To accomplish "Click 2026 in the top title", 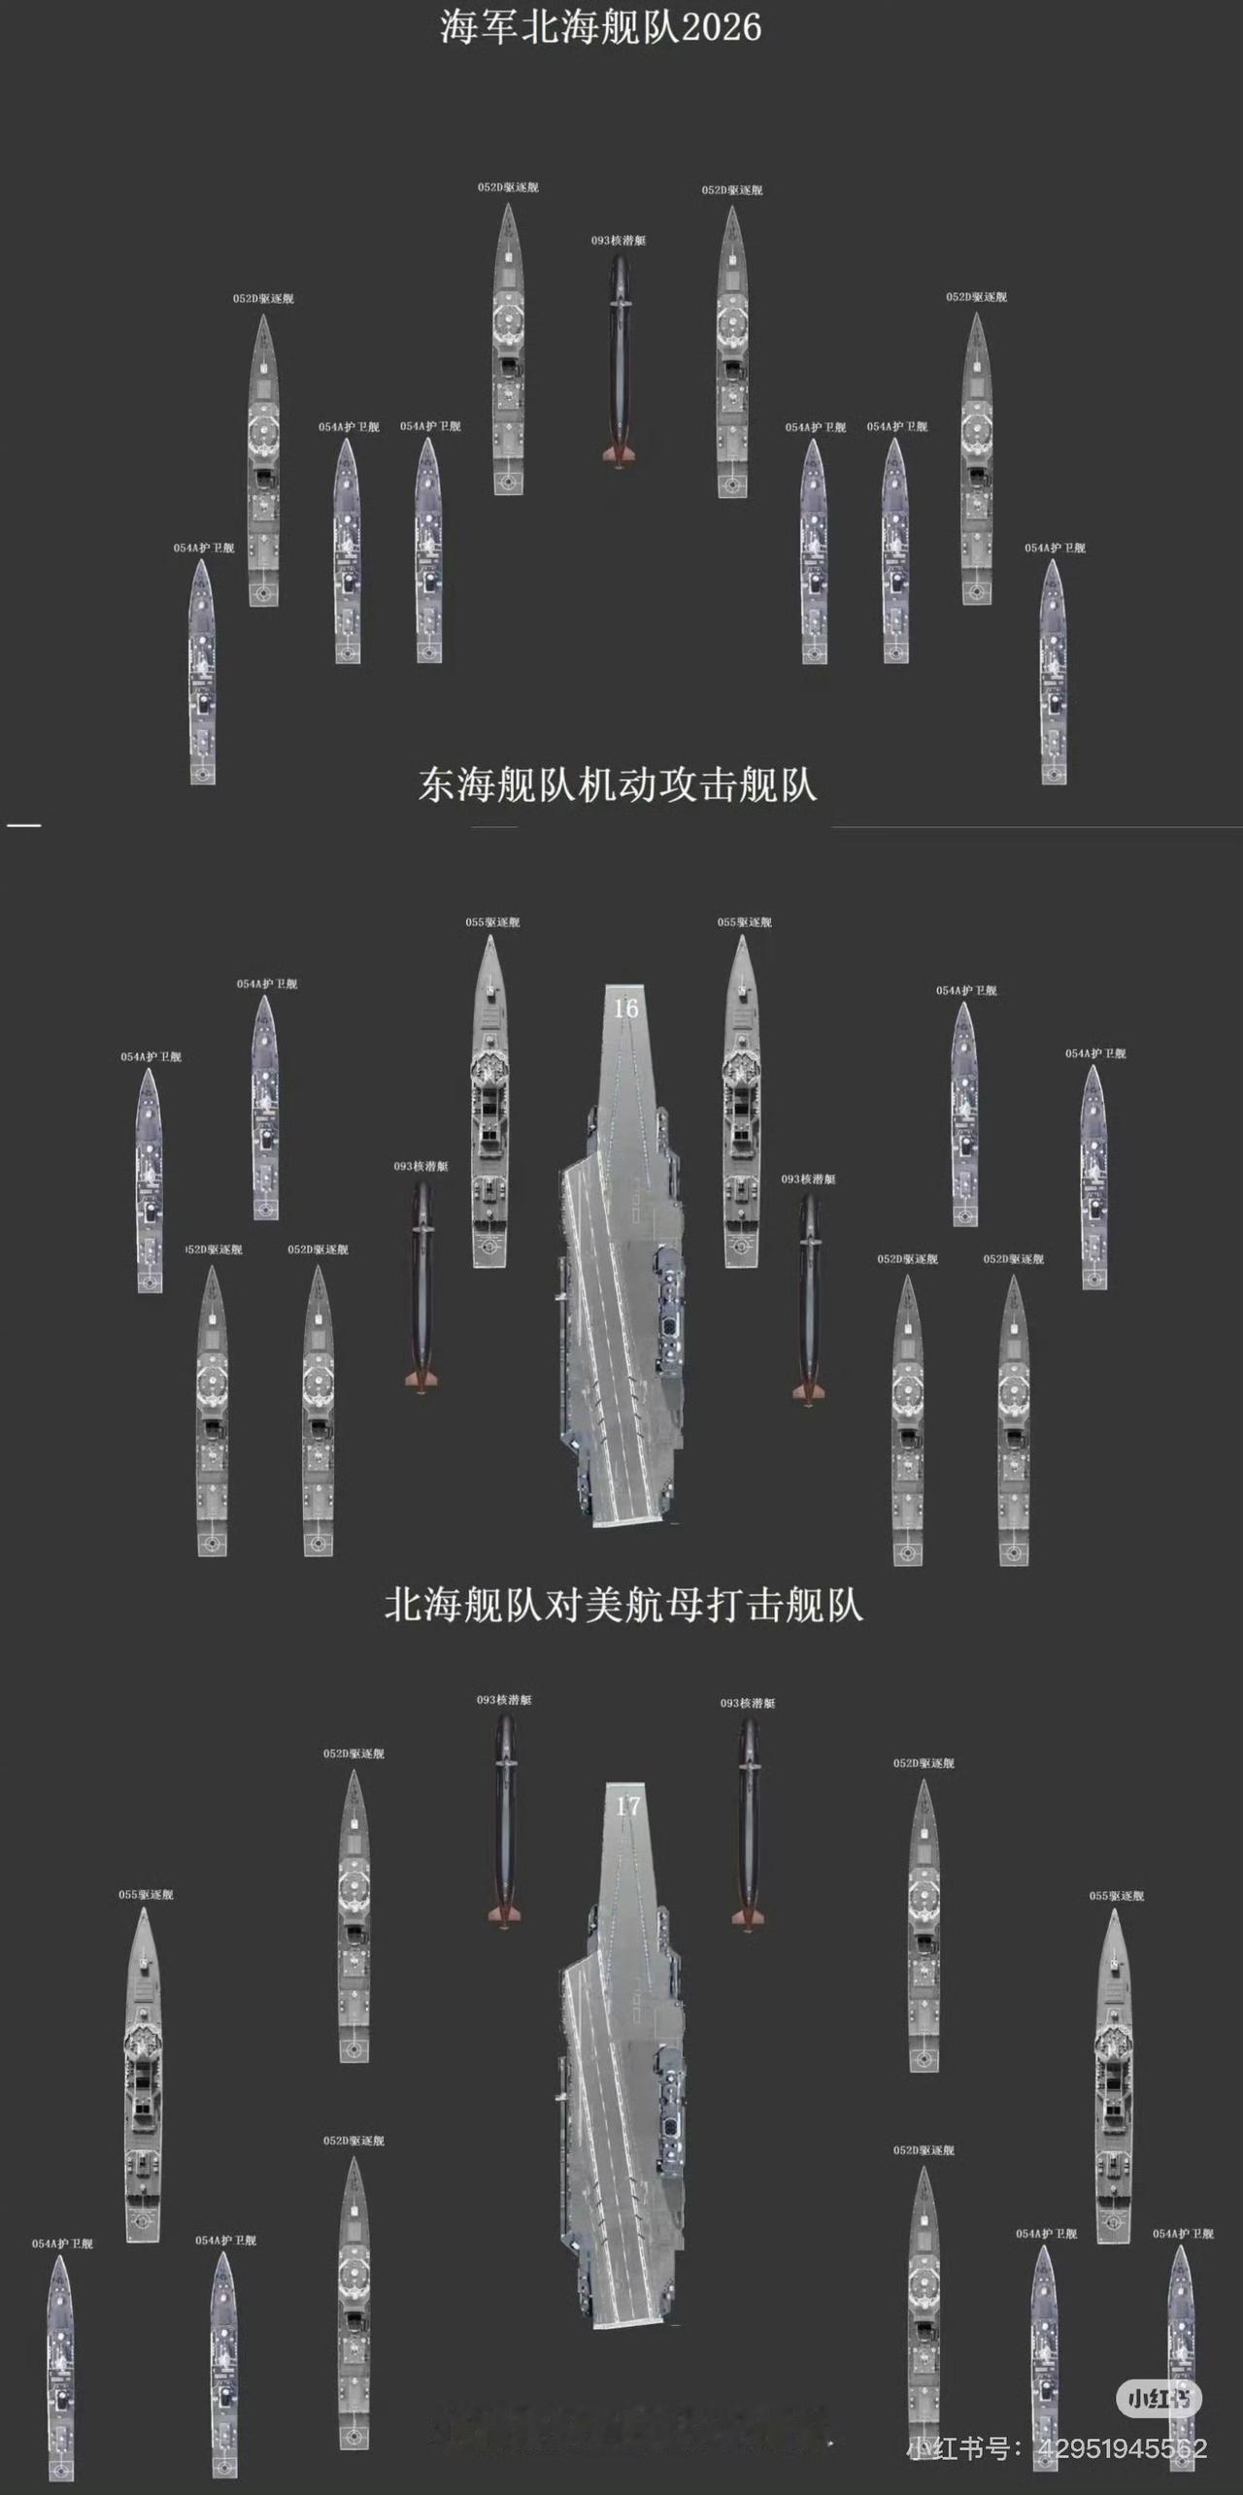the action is [x=721, y=27].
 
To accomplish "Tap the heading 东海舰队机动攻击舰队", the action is [x=618, y=784].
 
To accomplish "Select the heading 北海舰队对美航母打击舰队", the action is [x=623, y=1604].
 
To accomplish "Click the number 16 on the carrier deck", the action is [x=625, y=1008].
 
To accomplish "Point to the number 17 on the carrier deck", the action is [x=628, y=1806].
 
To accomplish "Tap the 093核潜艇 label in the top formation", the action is [x=619, y=240].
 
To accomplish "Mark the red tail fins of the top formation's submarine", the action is [x=619, y=455].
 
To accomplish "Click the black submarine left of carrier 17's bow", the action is [x=505, y=1820].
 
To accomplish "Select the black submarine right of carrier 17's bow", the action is [x=749, y=1823].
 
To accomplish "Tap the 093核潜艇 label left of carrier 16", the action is [x=421, y=1166].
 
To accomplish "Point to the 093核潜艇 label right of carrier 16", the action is [x=809, y=1179].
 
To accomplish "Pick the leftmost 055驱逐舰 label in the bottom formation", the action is [x=146, y=1894].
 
